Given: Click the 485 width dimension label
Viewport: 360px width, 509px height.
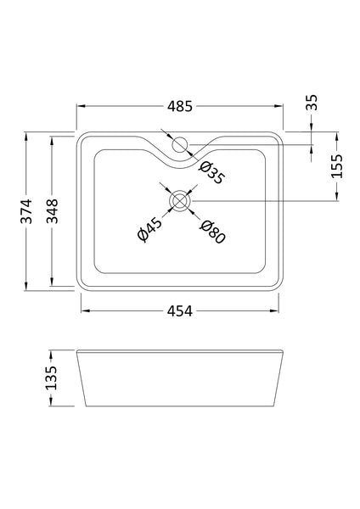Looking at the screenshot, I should point(180,107).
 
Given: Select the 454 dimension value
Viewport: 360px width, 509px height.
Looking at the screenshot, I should point(180,310).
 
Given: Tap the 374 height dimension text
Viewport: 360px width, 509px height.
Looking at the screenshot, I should point(26,210).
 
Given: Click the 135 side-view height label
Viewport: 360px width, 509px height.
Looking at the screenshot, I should point(51,377).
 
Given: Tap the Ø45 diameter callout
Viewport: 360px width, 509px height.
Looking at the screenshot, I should point(149,230).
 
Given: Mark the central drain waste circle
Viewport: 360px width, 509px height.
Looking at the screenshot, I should point(180,200).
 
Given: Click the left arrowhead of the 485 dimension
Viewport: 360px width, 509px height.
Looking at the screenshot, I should point(81,107).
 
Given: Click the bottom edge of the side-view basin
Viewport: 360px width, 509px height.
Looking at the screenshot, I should point(180,405).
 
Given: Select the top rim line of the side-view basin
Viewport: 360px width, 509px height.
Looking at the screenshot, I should point(180,349).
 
